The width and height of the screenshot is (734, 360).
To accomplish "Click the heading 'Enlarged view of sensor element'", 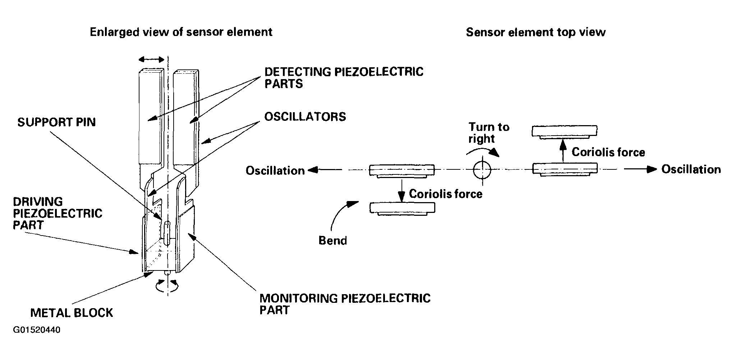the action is (181, 32).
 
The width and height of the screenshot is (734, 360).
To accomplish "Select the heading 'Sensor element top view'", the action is (536, 32).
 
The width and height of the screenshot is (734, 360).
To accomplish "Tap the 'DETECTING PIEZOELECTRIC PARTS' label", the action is (344, 78).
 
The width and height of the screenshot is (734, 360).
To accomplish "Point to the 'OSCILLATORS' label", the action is (305, 117).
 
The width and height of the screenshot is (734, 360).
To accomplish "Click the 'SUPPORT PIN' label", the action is (56, 122).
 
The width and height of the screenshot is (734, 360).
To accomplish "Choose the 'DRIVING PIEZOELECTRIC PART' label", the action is (58, 213).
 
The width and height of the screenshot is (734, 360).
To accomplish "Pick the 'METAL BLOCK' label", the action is (72, 313).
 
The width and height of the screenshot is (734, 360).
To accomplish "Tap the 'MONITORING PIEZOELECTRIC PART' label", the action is (345, 304).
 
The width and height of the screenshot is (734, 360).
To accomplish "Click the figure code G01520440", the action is (37, 330).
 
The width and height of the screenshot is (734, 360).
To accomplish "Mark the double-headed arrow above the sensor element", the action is (151, 59).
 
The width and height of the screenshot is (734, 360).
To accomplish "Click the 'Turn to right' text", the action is (489, 133).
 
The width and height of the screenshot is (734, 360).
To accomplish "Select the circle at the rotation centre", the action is (482, 169).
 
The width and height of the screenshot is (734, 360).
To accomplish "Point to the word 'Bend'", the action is (333, 240).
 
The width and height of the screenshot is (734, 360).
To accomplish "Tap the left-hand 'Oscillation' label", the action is (275, 170).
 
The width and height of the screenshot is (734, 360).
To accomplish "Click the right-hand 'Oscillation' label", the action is (691, 169).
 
